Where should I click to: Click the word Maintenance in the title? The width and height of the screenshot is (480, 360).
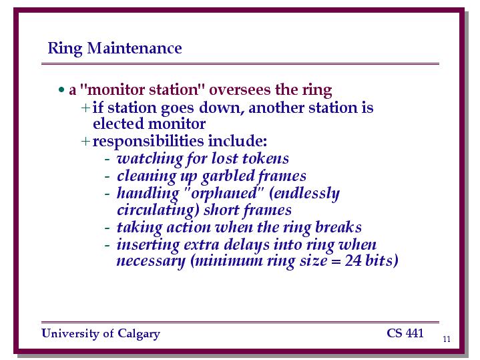point(134,48)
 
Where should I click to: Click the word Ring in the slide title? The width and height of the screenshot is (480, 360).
point(65,49)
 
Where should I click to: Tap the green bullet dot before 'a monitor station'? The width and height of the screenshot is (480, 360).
point(61,90)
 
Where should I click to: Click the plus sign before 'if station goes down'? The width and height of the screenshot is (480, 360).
point(85,108)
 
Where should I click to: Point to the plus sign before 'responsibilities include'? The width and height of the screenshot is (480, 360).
point(85,141)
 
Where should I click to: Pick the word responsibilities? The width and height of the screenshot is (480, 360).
point(148,142)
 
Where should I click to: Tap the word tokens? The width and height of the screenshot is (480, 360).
point(266,158)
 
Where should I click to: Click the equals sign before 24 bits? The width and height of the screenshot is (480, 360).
point(336,262)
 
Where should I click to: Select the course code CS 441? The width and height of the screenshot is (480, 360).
point(405,333)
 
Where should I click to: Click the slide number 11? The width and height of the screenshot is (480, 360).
point(447,339)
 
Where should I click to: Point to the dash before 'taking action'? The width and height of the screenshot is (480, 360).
point(107,228)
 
